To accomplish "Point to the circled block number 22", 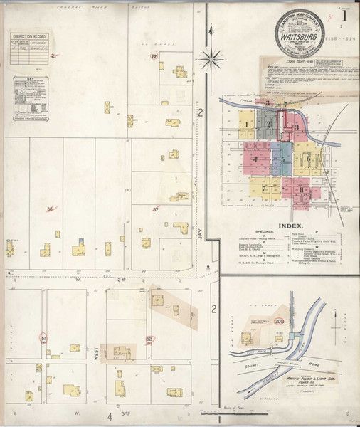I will pyautogui.click(x=154, y=56).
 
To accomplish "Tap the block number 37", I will pyautogui.click(x=156, y=209).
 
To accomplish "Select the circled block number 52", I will pyautogui.click(x=149, y=339).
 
